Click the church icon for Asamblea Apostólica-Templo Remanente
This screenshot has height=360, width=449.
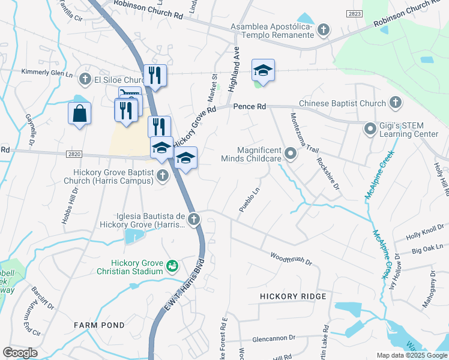[324, 29]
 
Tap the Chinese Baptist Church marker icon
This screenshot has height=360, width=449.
[396, 103]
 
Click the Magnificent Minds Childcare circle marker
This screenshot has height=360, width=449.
[291, 154]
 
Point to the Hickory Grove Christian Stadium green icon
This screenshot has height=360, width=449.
[172, 265]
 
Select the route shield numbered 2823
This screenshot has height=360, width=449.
[354, 13]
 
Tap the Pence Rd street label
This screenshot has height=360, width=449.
[249, 106]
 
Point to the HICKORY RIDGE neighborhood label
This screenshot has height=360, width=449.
[293, 296]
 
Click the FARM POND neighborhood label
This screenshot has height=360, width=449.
[99, 325]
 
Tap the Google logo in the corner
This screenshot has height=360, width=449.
[20, 352]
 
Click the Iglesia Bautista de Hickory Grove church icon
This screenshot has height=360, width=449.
[193, 220]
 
